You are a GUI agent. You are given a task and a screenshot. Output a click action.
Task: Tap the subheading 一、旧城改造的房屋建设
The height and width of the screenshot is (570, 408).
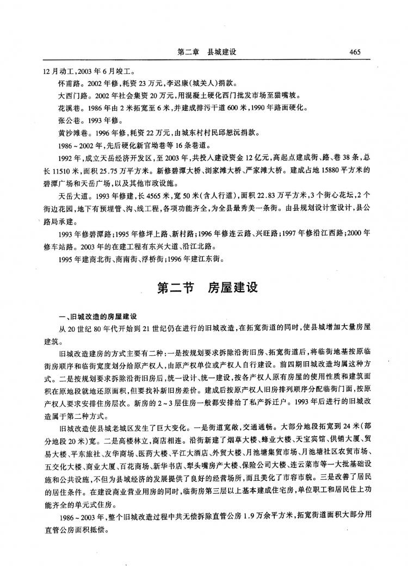pyautogui.click(x=97, y=316)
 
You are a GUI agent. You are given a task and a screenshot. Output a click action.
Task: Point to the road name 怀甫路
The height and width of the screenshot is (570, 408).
pyautogui.click(x=67, y=84)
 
